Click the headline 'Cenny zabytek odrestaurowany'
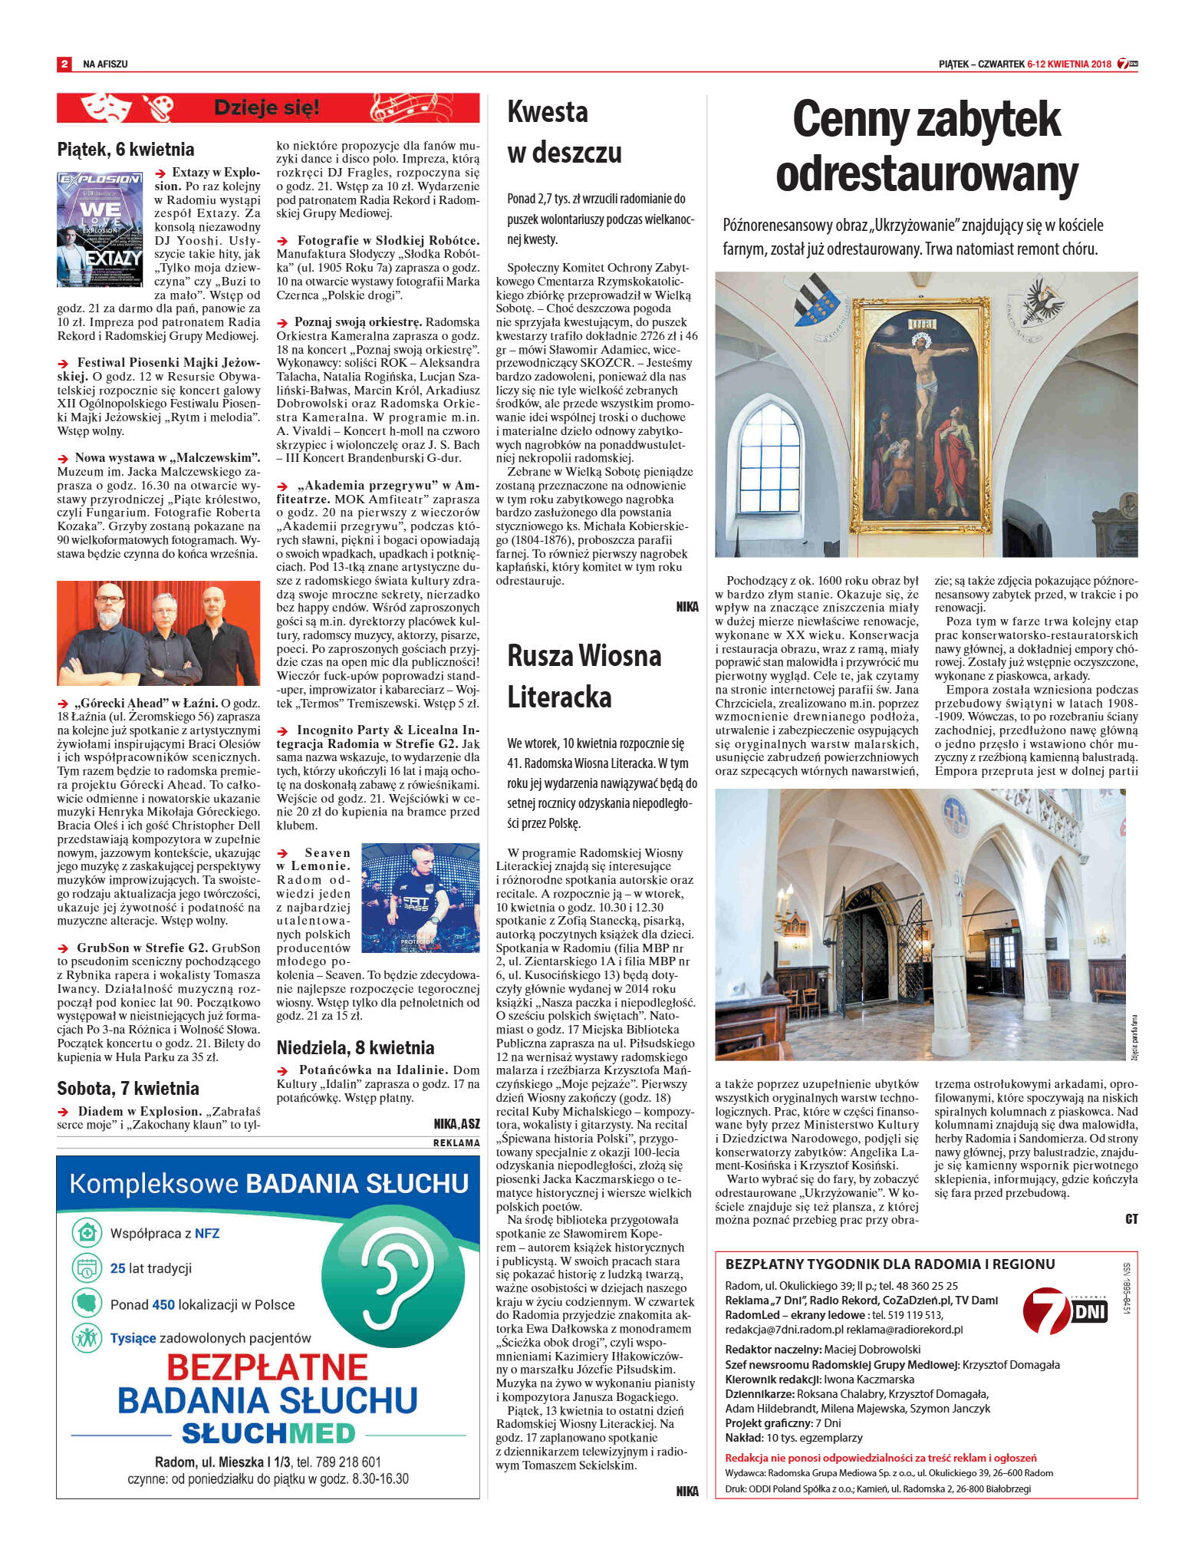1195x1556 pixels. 927,147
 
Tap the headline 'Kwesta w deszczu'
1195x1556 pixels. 564,132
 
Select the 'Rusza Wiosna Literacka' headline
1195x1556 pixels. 584,676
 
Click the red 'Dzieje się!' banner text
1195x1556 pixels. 266,108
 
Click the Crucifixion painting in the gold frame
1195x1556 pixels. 920,415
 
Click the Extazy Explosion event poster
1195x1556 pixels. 100,229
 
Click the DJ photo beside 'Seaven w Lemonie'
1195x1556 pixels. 420,896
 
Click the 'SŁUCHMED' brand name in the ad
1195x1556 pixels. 268,1432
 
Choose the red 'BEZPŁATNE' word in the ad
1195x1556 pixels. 268,1367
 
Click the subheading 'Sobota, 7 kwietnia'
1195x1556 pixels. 128,1088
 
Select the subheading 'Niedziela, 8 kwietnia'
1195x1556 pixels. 355,1047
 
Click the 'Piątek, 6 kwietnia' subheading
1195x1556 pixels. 126,150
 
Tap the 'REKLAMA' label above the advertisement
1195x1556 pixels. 456,1142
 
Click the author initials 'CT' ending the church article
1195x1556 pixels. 1131,1219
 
